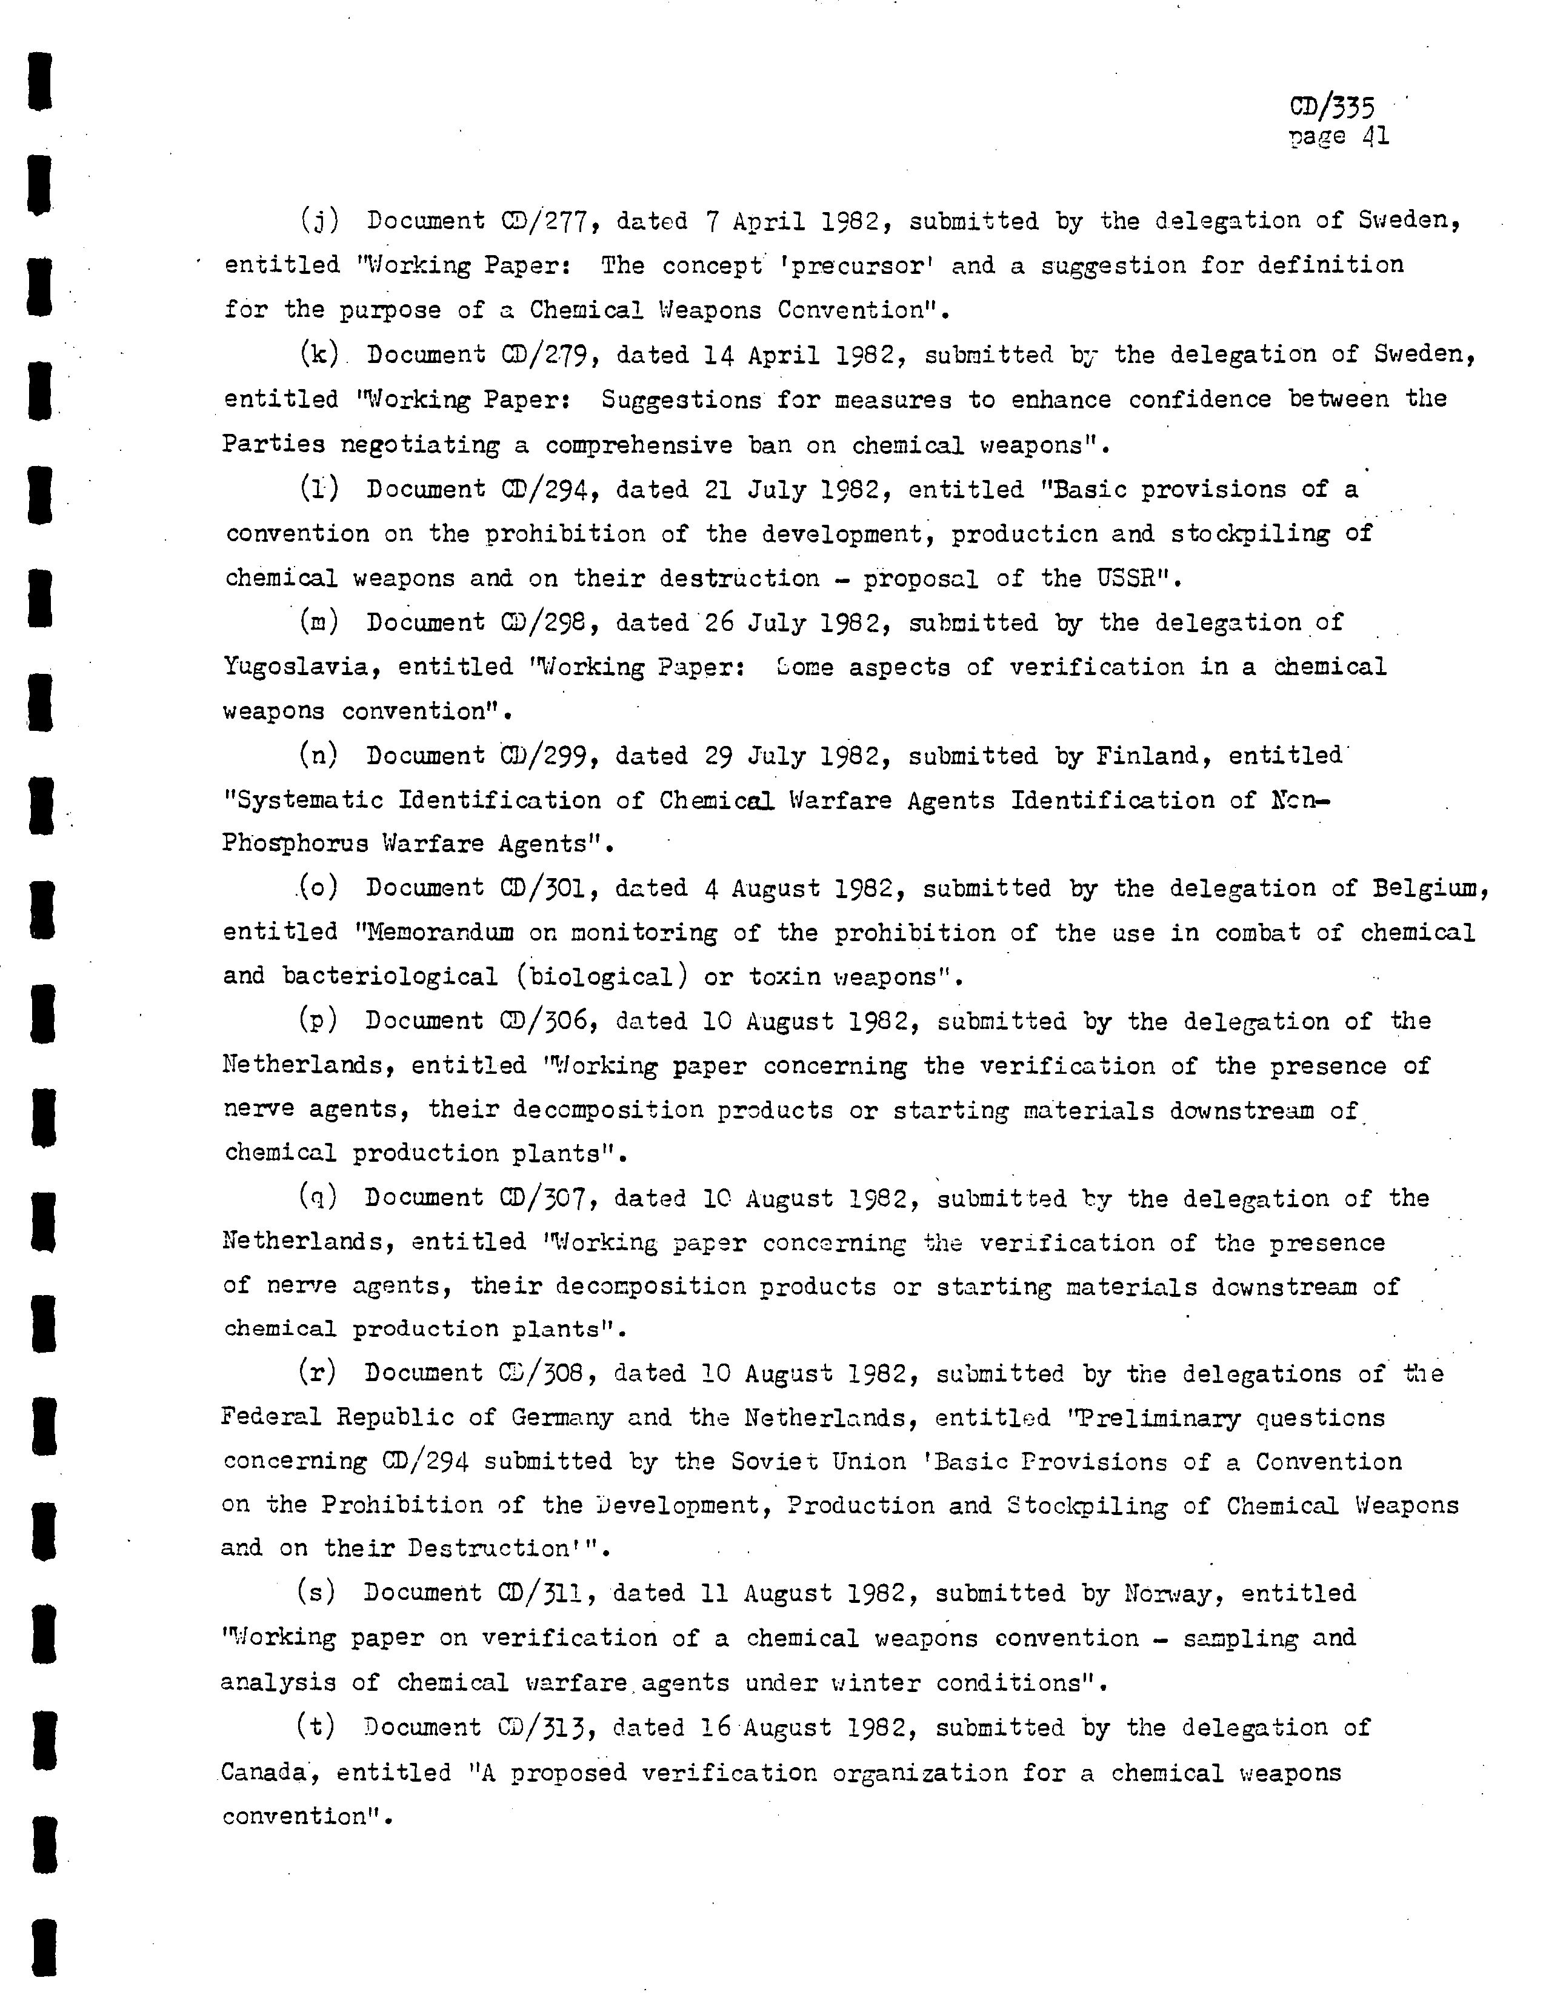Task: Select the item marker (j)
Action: pyautogui.click(x=319, y=221)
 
